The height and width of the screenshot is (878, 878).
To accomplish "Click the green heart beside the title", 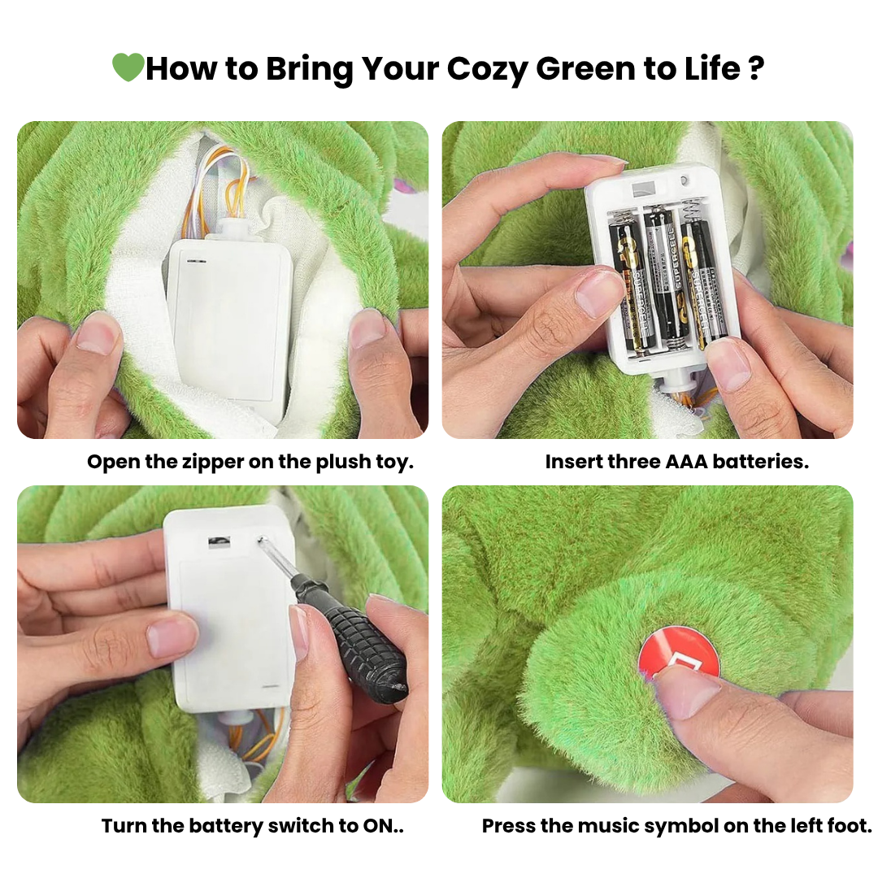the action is point(128,67).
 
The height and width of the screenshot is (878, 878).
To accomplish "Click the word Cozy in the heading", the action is point(487,69).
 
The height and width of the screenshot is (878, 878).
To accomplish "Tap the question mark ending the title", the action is point(756,69).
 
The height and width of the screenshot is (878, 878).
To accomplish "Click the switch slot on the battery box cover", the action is point(219,541).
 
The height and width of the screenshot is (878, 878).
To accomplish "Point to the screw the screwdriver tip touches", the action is point(261,540).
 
